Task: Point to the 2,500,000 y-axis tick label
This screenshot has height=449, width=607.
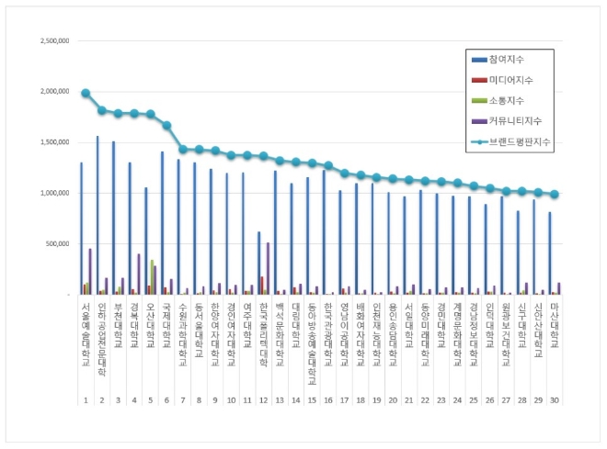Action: tap(55, 41)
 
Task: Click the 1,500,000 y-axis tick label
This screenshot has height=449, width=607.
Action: tap(55, 142)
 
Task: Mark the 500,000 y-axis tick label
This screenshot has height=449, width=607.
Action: tap(59, 244)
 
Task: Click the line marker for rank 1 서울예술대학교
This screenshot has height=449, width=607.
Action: tap(86, 93)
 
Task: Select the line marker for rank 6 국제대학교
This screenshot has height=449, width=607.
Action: tap(166, 125)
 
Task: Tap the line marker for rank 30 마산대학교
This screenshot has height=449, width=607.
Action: tap(555, 194)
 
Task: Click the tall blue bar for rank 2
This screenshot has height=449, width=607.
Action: tap(97, 216)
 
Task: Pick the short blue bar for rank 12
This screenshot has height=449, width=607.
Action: tap(258, 264)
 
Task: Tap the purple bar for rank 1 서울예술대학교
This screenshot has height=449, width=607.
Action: tap(90, 272)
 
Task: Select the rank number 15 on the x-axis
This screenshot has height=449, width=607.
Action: tap(313, 400)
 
